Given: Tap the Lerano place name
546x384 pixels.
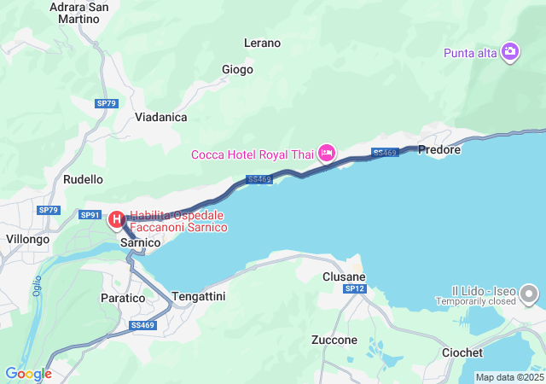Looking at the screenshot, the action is point(262,43).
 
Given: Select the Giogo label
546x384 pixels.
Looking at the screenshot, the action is point(237,69).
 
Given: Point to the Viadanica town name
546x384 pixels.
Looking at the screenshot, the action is point(160,117).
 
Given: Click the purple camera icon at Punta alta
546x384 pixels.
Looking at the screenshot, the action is point(510,53).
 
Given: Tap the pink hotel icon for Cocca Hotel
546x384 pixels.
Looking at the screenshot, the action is point(326,154).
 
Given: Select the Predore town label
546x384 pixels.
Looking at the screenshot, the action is point(440,149).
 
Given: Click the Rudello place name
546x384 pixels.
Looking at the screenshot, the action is point(83,180).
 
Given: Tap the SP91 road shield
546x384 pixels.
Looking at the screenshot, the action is point(90,214).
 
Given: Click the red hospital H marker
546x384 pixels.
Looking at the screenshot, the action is point(116,220).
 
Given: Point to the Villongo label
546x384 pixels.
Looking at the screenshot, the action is point(27,240).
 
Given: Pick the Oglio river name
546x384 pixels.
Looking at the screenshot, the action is point(38,288).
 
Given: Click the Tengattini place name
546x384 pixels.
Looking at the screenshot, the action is point(199,295).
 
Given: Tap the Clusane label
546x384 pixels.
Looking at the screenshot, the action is point(344,277).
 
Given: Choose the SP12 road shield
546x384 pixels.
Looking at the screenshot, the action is point(355,290).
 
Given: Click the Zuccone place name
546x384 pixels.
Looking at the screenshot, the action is point(334,340).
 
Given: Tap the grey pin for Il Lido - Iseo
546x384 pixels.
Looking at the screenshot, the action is point(529,295).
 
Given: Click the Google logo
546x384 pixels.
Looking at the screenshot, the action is point(28,374).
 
